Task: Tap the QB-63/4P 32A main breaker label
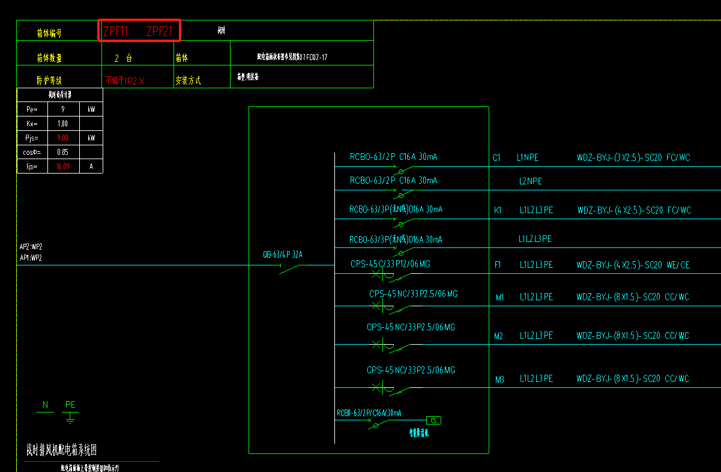[x=283, y=254]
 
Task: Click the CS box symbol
[x=433, y=420]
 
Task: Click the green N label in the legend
[x=46, y=405]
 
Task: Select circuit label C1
[x=496, y=158]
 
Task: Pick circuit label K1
[x=498, y=210]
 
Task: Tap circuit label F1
[x=498, y=265]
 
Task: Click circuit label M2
[x=498, y=336]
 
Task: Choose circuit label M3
[x=499, y=380]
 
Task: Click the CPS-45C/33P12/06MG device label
[x=390, y=264]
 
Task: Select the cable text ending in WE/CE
[x=633, y=265]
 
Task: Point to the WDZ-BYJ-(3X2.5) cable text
[x=633, y=158]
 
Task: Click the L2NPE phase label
[x=531, y=181]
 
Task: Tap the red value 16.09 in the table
[x=62, y=166]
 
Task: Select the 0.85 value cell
[x=62, y=152]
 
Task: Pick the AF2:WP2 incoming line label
[x=31, y=246]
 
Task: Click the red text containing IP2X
[x=125, y=80]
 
